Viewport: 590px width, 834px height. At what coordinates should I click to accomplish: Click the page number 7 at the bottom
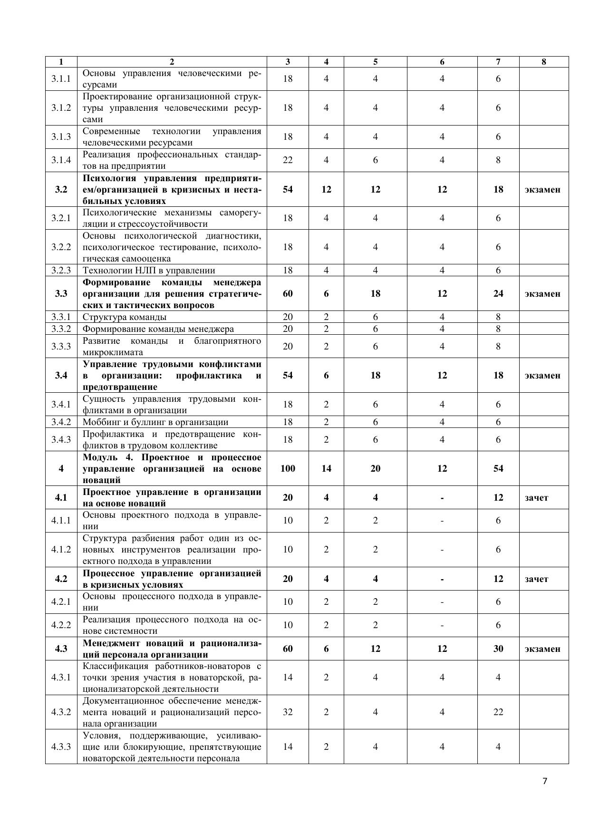click(545, 781)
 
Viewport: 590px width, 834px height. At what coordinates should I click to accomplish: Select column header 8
click(543, 62)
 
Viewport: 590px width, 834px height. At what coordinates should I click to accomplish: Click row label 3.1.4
click(61, 160)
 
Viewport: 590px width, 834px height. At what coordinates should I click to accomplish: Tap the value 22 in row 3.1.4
click(288, 160)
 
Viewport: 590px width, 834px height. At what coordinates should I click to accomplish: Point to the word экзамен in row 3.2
click(542, 189)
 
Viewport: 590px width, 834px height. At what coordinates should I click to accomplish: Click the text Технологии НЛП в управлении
click(149, 271)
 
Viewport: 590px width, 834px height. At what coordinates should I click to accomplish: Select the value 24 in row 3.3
click(498, 293)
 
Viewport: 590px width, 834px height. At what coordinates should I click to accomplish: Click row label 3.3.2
click(61, 329)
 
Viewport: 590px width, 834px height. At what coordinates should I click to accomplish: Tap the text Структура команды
click(125, 317)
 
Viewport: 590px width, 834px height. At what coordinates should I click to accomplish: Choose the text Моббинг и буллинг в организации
click(155, 422)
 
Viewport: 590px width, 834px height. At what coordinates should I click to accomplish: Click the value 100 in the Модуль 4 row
click(288, 468)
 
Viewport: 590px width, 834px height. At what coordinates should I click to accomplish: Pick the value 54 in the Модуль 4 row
click(498, 468)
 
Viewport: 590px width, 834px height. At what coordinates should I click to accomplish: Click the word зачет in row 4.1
click(536, 498)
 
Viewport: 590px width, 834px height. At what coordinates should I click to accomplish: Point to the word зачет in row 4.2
click(536, 579)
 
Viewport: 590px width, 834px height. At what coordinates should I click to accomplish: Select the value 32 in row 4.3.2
click(288, 712)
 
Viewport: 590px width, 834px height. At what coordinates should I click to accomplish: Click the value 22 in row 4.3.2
click(498, 712)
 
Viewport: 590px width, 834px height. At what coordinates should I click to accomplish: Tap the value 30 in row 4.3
click(498, 649)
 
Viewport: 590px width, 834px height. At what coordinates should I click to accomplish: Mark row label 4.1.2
click(61, 550)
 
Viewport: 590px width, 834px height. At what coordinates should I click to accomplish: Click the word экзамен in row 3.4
click(542, 375)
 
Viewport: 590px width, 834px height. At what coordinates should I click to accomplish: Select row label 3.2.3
click(61, 271)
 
